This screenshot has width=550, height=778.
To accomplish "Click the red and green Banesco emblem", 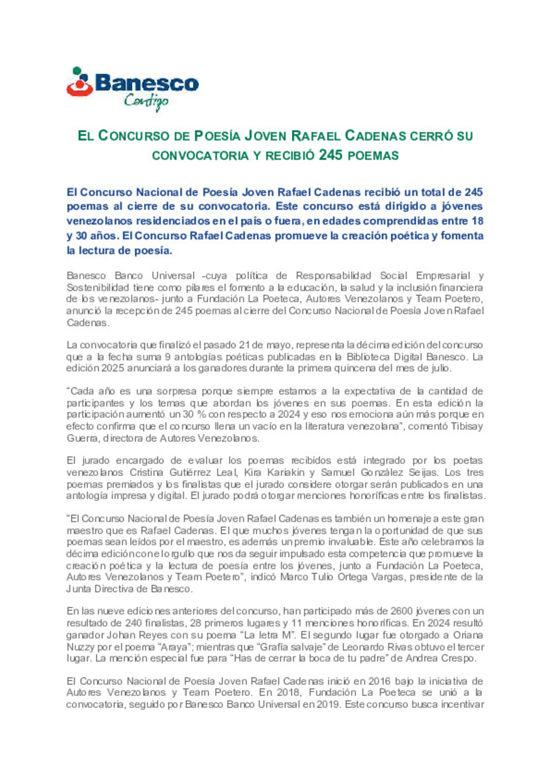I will pos(79,82).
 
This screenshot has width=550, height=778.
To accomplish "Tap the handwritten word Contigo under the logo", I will pos(146,101).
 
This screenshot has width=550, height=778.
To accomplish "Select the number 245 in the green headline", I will pos(331,155).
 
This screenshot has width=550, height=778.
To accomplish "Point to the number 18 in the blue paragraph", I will pos(477,221).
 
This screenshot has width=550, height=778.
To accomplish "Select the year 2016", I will pos(379,681).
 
